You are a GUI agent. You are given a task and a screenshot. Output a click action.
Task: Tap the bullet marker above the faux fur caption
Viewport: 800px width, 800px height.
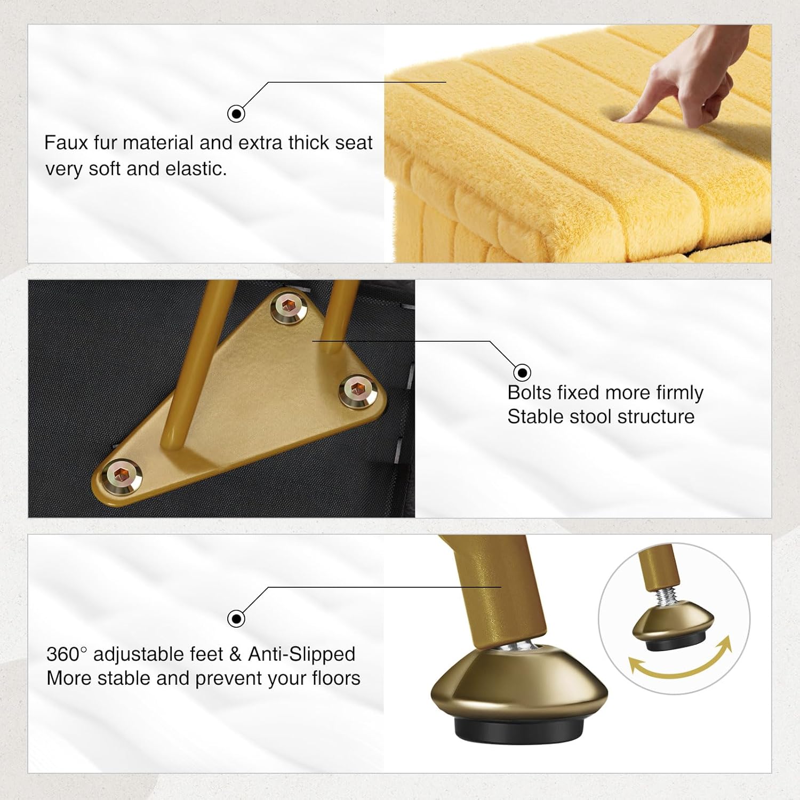coord(236,114)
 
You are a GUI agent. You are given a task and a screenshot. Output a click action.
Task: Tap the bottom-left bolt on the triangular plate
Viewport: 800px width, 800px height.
coord(123,472)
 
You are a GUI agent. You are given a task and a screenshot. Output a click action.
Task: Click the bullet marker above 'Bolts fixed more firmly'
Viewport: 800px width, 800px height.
coord(522,372)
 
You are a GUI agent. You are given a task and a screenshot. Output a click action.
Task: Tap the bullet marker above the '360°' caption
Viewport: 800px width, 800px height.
coord(236,619)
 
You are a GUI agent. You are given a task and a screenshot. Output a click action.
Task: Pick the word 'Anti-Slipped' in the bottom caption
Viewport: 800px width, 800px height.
coord(302,654)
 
